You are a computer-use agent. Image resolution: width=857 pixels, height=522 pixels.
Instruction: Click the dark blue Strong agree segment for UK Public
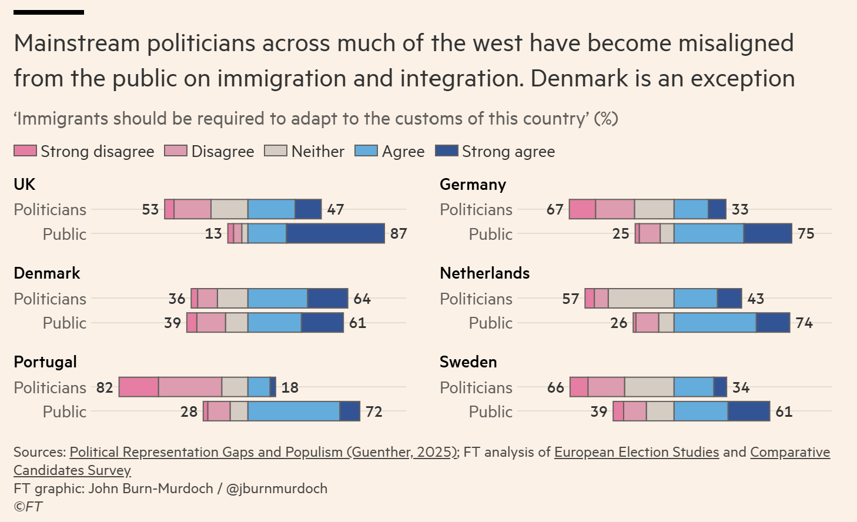pos(335,233)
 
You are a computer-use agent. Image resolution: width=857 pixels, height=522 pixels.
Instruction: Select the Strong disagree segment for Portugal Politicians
pos(139,387)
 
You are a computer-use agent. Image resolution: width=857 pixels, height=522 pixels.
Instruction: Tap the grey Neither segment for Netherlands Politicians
pos(641,299)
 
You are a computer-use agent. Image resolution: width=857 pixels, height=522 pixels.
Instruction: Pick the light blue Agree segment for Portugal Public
pos(293,411)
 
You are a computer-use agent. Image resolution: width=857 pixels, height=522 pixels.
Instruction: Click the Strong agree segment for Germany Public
pos(768,233)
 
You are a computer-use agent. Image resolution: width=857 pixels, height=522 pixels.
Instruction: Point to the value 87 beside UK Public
pos(399,233)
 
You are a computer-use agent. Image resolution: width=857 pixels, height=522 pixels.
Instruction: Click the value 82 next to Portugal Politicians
pos(105,387)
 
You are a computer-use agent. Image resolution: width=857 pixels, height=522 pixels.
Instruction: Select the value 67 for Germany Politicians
pos(555,209)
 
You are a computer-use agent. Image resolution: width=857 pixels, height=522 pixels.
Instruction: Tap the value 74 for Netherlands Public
pos(804,323)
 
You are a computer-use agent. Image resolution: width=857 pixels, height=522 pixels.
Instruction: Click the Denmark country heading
pos(47,273)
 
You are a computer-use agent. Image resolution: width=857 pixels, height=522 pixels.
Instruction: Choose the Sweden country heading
pos(468,362)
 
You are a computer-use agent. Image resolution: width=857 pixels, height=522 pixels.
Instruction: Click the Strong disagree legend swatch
pos(25,151)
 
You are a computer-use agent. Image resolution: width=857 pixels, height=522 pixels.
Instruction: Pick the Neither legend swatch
pos(276,151)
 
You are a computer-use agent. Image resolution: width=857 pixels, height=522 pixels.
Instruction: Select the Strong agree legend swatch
pos(446,151)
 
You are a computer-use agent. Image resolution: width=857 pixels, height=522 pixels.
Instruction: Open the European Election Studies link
pos(637,452)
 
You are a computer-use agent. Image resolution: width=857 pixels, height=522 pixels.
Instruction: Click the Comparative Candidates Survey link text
pos(789,452)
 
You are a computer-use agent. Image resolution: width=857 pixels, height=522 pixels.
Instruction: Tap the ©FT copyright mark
pos(28,507)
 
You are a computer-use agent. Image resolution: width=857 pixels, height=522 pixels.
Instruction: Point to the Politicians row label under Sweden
pos(476,387)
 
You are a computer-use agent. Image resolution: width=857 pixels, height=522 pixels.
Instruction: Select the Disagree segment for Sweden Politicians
pos(606,387)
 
